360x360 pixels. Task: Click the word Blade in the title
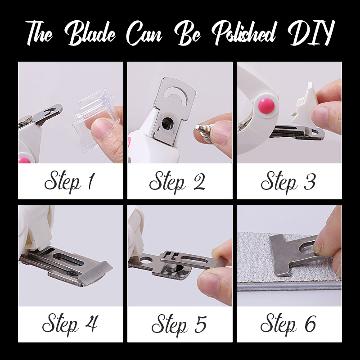click(x=90, y=33)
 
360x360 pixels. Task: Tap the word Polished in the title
click(x=243, y=33)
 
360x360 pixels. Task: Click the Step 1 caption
click(x=70, y=182)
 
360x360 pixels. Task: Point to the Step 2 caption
click(x=177, y=182)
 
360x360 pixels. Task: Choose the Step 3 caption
click(x=288, y=182)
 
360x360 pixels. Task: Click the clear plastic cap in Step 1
click(x=95, y=119)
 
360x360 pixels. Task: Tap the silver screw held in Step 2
click(x=204, y=133)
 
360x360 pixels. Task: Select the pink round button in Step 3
click(x=266, y=106)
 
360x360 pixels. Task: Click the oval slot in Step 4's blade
click(x=68, y=260)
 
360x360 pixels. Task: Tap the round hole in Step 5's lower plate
click(x=146, y=261)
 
